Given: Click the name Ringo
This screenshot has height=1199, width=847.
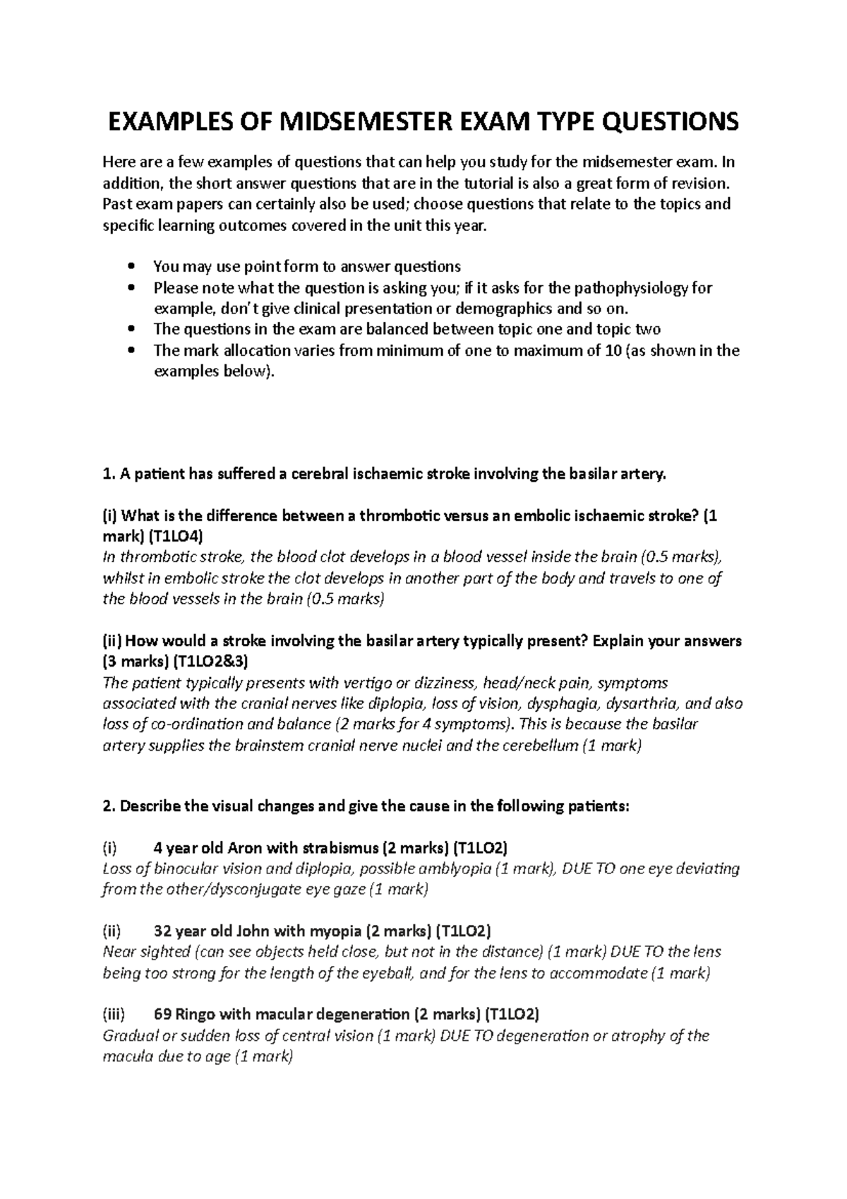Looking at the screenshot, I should [194, 1015].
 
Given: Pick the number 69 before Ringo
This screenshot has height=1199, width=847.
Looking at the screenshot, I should [162, 1015].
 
